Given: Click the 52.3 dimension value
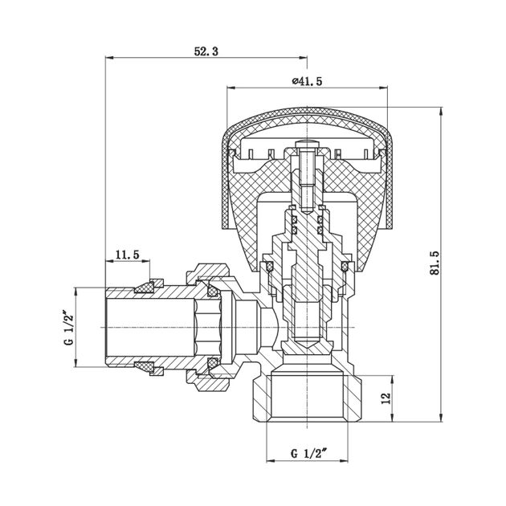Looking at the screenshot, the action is coord(206,51).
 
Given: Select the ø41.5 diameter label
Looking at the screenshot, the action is coord(307,81).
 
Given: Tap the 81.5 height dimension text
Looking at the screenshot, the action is coord(435,263).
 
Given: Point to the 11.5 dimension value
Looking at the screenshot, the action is coord(128,255).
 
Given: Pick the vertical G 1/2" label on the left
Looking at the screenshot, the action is coord(69,328).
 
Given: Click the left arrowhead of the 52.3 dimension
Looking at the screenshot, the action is coord(109,58).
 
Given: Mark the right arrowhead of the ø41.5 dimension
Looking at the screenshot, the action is coord(384,88).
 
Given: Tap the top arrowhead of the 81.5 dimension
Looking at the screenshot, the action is coord(441,111).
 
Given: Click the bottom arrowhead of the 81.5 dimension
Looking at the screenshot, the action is coord(441,418).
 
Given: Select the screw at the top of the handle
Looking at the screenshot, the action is coord(307,175).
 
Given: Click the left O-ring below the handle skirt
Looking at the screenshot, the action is coord(269,267).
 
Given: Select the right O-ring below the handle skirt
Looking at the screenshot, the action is coord(345,267).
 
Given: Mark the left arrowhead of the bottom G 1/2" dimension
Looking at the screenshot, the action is coord(271,461).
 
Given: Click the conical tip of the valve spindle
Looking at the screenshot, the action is coord(307,343).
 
